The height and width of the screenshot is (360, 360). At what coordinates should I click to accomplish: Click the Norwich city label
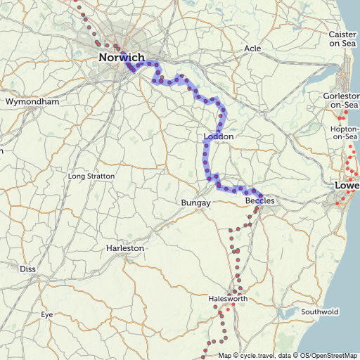pyautogui.click(x=122, y=58)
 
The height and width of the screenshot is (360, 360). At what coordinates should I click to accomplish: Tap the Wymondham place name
pyautogui.click(x=32, y=102)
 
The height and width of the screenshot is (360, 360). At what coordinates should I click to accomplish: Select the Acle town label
pyautogui.click(x=252, y=49)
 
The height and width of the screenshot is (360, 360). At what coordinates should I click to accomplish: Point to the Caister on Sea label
pyautogui.click(x=343, y=39)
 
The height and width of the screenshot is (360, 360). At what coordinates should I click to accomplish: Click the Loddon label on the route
pyautogui.click(x=218, y=136)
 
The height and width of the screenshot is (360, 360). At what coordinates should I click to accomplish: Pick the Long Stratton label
pyautogui.click(x=91, y=176)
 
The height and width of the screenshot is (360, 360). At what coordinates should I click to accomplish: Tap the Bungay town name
pyautogui.click(x=196, y=202)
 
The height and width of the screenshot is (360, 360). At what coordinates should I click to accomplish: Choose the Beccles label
pyautogui.click(x=259, y=201)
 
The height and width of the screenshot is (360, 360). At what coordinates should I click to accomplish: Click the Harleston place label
pyautogui.click(x=124, y=248)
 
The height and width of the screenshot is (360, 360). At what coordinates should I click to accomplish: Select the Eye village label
pyautogui.click(x=46, y=314)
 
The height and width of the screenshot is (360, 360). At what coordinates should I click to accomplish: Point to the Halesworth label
pyautogui.click(x=229, y=299)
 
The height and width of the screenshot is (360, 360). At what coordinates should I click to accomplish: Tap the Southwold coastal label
pyautogui.click(x=319, y=311)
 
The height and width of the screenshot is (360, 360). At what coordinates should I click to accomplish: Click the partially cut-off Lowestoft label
pyautogui.click(x=347, y=186)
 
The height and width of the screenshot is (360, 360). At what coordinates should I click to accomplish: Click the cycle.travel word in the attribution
pyautogui.click(x=259, y=355)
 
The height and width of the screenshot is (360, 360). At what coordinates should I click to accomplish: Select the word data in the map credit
pyautogui.click(x=285, y=355)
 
